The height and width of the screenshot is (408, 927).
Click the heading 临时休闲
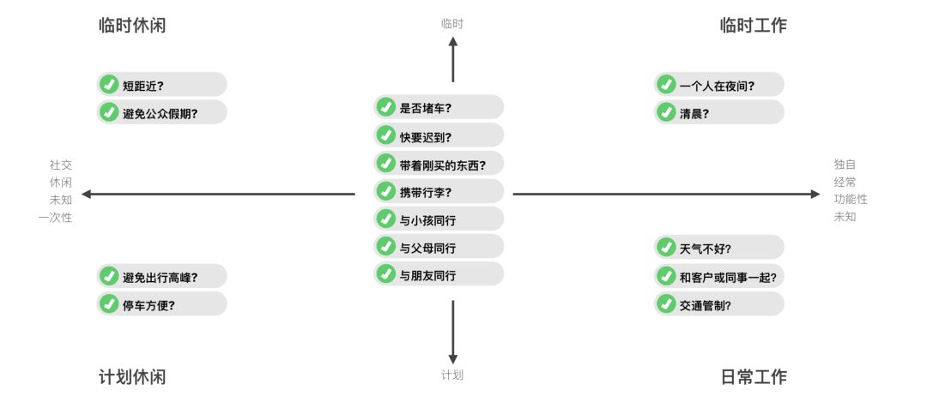click(x=132, y=26)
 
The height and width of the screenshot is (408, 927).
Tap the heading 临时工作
click(x=753, y=26)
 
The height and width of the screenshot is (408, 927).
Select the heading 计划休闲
click(x=132, y=376)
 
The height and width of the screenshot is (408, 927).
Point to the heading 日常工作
click(x=753, y=376)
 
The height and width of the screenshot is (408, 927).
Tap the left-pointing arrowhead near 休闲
click(x=86, y=194)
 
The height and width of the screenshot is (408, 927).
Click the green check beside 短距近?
click(x=109, y=84)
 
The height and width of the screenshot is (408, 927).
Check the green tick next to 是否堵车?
click(x=386, y=107)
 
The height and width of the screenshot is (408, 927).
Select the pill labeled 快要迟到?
click(x=439, y=135)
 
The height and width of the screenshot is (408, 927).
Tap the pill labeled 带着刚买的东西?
click(x=439, y=163)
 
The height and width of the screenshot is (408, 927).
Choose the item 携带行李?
click(x=439, y=191)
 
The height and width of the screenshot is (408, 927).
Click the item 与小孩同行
click(x=439, y=219)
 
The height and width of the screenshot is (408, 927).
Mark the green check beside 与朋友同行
click(x=386, y=274)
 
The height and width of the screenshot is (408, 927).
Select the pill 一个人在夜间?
click(x=718, y=84)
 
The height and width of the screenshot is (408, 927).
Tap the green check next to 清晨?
click(x=666, y=111)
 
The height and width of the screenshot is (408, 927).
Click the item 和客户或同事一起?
click(x=718, y=275)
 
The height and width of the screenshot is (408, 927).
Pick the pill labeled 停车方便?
click(x=161, y=303)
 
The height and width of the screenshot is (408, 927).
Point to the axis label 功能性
click(x=850, y=199)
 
